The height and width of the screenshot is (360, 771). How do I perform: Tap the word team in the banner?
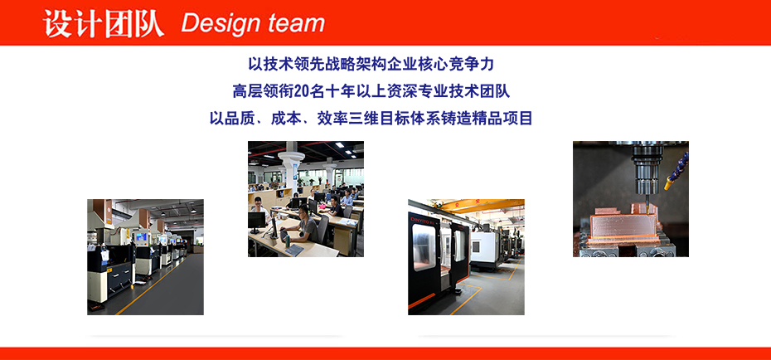click(x=296, y=23)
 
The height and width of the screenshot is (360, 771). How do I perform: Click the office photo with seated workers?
click(x=305, y=199)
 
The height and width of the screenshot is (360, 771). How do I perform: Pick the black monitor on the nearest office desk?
click(x=257, y=221)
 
